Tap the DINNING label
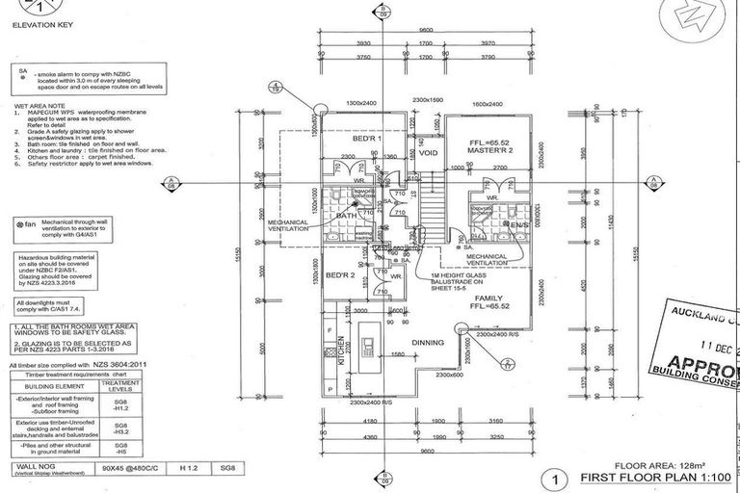[x=427, y=342]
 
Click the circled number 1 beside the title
[x=553, y=476]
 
